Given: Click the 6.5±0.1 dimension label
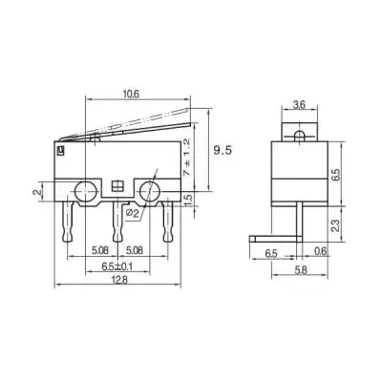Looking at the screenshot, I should tap(117, 265).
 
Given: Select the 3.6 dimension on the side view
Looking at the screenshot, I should tap(298, 106).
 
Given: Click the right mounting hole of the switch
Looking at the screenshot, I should tap(150, 191).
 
